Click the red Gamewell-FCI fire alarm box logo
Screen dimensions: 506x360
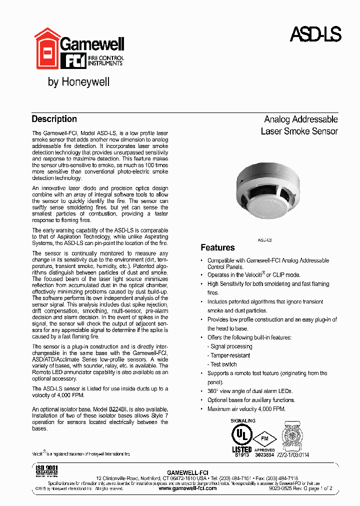click(46, 48)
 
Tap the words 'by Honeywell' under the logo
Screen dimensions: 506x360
click(78, 82)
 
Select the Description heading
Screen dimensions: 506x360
click(54, 119)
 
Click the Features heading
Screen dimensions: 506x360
click(217, 247)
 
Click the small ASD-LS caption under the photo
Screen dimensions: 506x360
click(264, 240)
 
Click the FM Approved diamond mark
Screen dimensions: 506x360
click(264, 439)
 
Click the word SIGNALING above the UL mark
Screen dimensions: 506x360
click(243, 421)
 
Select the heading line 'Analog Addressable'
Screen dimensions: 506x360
click(300, 119)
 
